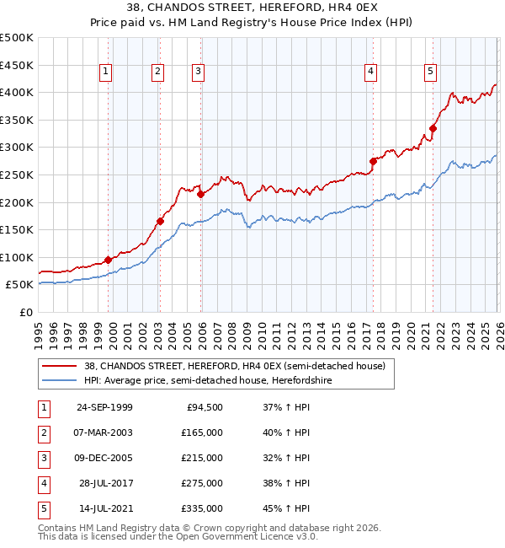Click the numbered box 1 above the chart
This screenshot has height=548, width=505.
106,73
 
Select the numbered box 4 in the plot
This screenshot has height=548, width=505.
370,73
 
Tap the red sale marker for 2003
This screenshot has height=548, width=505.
159,222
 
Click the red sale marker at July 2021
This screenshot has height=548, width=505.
433,128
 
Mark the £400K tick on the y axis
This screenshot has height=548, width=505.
17,92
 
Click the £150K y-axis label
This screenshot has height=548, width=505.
17,229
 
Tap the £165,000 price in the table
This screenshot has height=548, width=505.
202,432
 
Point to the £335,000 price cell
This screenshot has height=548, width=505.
202,508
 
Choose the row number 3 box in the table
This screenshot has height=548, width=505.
42,458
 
